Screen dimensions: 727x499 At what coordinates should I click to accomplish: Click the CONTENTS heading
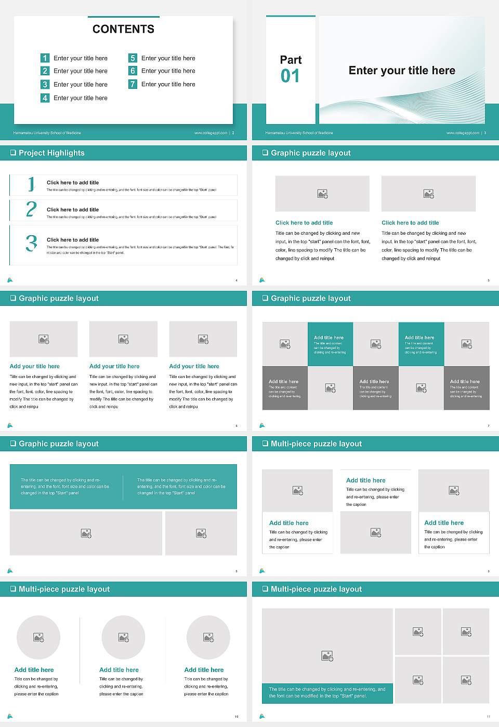[x=123, y=29]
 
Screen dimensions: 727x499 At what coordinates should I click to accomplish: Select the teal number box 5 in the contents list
[x=133, y=58]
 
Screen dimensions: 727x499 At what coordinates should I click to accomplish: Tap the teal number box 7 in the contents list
[x=133, y=84]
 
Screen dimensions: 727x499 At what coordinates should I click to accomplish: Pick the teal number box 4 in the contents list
[x=45, y=98]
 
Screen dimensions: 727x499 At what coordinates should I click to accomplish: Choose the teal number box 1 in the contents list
[x=45, y=58]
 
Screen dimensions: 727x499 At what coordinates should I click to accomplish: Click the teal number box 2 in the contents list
[x=45, y=71]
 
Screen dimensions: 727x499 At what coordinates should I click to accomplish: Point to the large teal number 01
[x=290, y=76]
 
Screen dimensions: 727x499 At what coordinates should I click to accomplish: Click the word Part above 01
[x=291, y=60]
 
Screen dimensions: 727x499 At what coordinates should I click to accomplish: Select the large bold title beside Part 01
[x=401, y=71]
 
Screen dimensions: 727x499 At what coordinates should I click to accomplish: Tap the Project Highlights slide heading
[x=51, y=153]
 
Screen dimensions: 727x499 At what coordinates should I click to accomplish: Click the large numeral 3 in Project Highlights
[x=31, y=243]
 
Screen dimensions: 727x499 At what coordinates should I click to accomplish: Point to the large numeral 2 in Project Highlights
[x=31, y=209]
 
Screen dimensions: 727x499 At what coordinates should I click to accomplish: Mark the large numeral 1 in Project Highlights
[x=31, y=184]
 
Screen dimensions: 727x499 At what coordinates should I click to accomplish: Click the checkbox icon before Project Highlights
[x=13, y=153]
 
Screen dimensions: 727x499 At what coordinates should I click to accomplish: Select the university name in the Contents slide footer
[x=47, y=133]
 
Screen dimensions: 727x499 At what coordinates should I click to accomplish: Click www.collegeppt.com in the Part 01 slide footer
[x=462, y=133]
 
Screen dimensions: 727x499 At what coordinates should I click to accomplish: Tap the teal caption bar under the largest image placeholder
[x=327, y=693]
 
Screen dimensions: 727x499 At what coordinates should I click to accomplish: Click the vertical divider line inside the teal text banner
[x=123, y=487]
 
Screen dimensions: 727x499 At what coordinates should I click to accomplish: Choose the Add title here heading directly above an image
[x=366, y=480]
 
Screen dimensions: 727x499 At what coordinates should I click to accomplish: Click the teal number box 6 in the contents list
[x=133, y=71]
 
